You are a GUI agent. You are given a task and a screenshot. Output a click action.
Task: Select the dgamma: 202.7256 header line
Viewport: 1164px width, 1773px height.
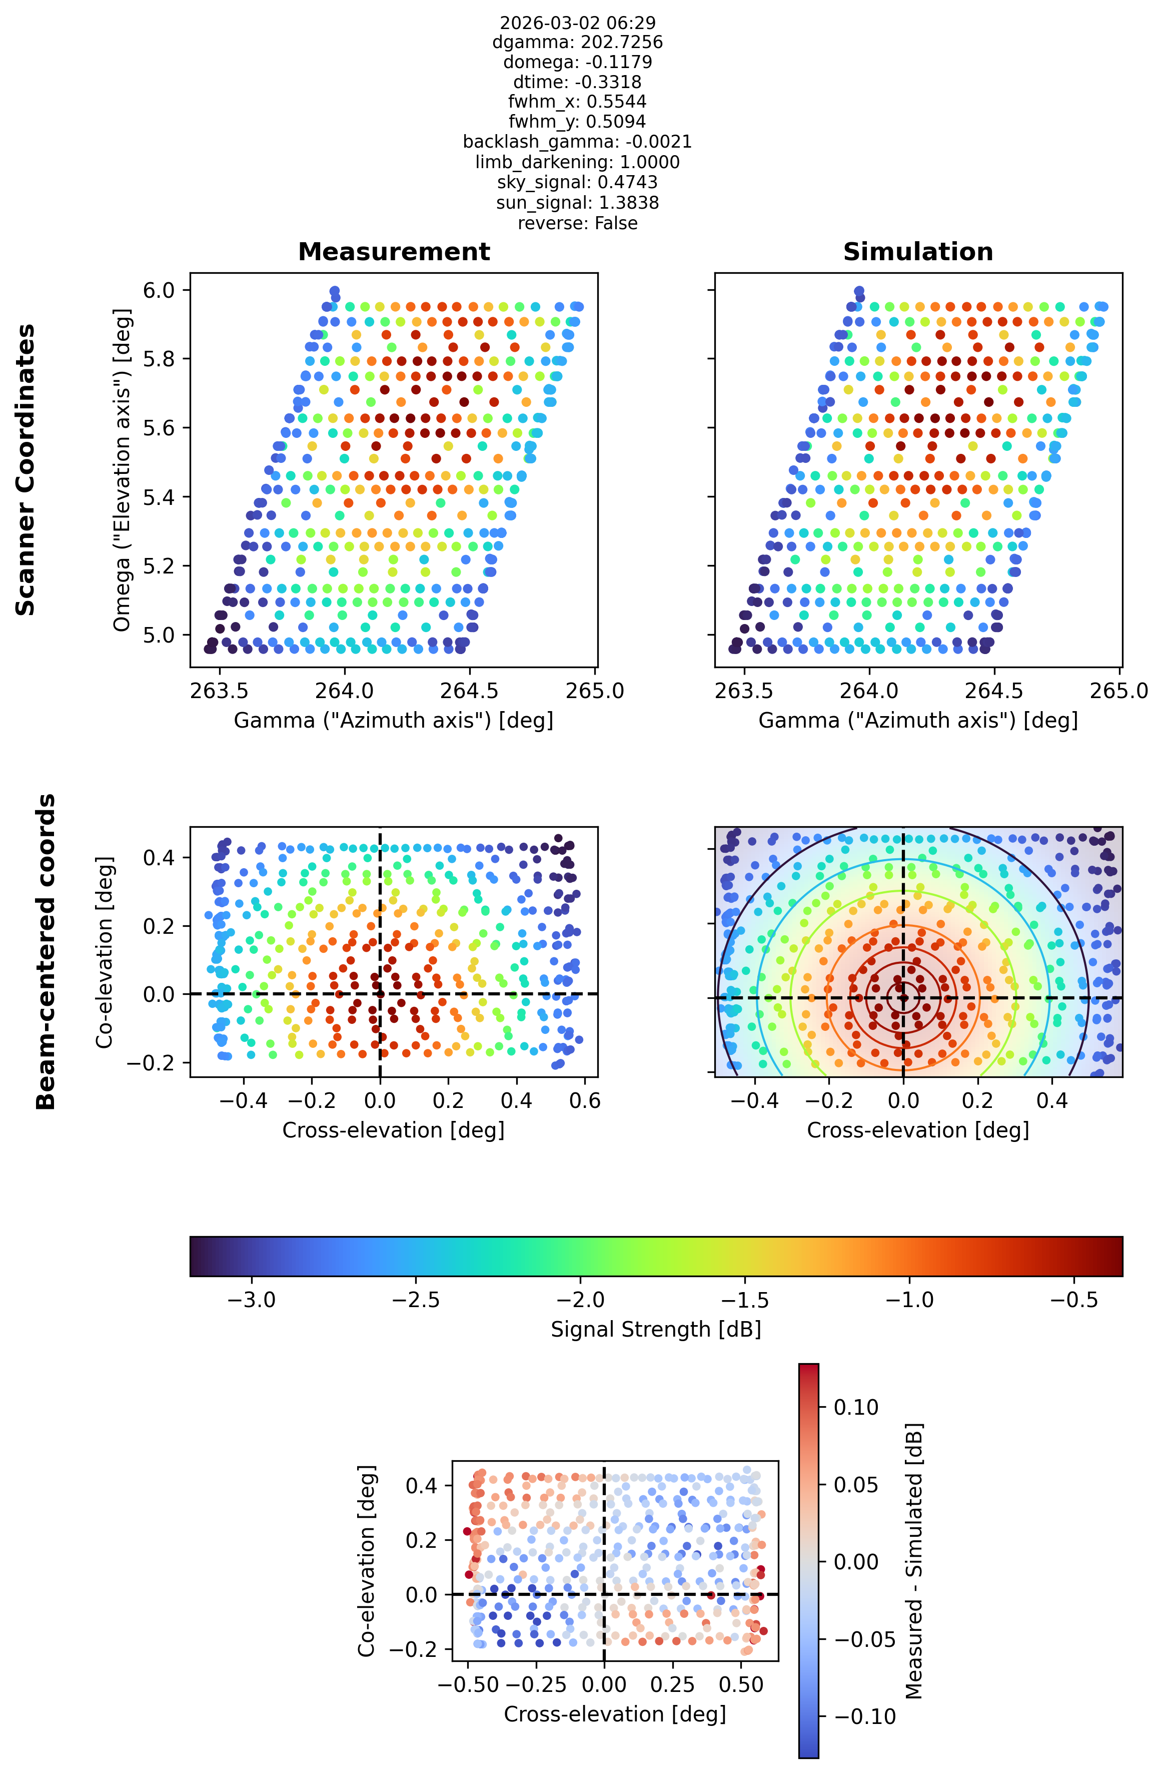577,43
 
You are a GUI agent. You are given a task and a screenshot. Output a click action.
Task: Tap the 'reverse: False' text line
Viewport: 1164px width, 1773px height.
577,223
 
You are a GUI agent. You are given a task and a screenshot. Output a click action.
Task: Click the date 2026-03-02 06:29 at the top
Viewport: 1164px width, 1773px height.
577,23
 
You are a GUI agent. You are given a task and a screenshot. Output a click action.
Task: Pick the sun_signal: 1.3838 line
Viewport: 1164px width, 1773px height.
577,203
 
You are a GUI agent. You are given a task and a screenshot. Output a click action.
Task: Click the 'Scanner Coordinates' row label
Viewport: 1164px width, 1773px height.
26,469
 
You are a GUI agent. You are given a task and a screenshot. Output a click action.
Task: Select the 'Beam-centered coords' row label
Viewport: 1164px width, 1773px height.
46,951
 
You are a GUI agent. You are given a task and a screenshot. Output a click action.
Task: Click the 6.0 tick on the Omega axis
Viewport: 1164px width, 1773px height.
159,290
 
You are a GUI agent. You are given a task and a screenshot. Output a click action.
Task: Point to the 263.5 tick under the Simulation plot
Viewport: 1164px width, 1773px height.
743,691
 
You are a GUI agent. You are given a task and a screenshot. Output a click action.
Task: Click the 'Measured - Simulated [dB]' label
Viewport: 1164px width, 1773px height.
914,1561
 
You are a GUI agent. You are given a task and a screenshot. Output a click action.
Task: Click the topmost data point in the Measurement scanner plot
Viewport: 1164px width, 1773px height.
334,291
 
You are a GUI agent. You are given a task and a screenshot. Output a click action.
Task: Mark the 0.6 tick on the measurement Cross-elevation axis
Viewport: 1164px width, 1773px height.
585,1100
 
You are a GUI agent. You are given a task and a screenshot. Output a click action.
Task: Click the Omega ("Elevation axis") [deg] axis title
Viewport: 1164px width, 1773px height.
122,469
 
